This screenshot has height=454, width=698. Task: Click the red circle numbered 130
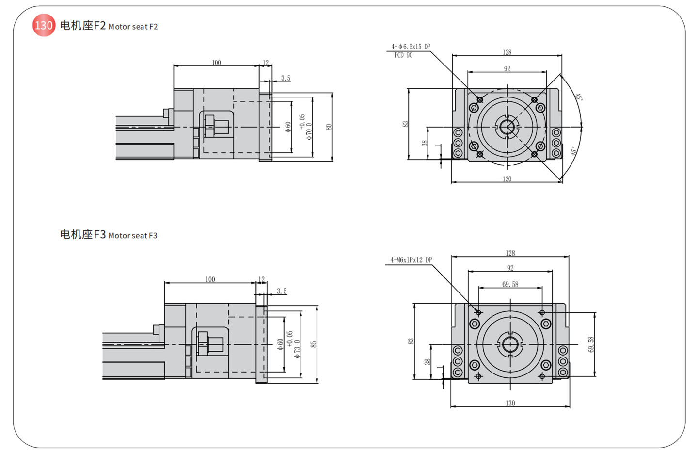44,25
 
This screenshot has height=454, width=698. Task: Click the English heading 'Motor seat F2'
133,27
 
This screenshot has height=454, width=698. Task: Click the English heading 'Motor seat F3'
133,236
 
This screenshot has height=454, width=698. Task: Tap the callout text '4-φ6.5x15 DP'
411,47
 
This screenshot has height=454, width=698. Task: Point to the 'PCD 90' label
403,55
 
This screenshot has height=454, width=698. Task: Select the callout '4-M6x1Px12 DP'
411,260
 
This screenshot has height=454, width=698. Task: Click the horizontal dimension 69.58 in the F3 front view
510,284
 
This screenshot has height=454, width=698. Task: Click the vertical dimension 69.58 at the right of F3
591,344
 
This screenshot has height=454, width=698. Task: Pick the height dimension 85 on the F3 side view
314,344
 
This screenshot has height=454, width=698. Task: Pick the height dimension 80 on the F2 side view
329,127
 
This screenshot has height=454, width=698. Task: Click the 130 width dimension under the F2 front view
507,179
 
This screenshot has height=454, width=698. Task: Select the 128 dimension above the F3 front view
510,253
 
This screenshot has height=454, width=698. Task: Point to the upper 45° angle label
578,97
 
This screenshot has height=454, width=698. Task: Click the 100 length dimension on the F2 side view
216,63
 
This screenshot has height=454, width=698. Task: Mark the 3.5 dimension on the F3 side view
282,291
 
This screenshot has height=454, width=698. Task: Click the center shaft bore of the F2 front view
507,127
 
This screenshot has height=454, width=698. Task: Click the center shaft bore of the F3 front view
510,344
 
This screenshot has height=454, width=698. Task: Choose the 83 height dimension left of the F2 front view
405,124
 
